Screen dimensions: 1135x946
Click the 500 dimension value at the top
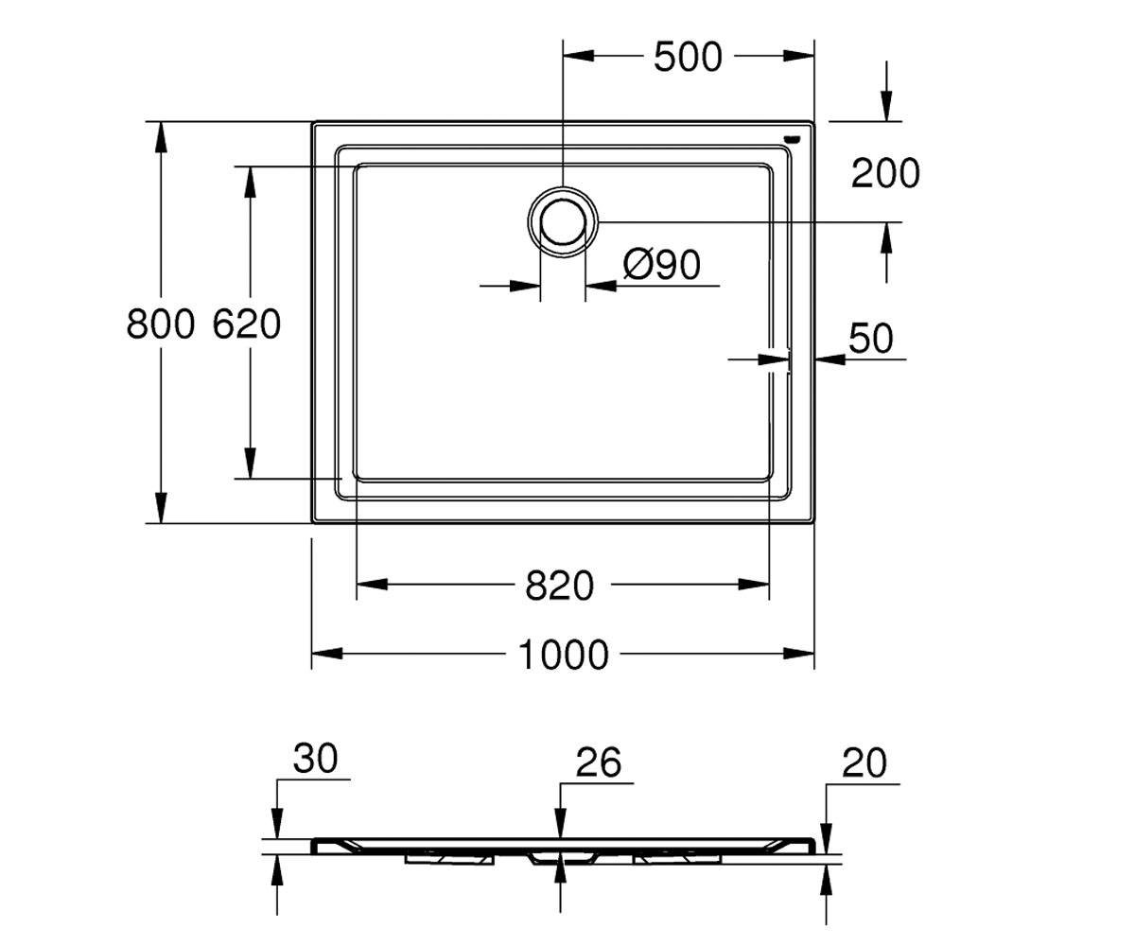(688, 57)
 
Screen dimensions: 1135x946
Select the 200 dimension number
(885, 173)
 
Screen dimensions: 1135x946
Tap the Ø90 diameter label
(661, 265)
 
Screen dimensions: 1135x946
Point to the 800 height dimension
(161, 324)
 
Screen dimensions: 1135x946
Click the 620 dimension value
(246, 324)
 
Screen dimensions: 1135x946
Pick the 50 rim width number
(871, 338)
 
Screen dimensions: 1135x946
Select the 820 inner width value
(559, 586)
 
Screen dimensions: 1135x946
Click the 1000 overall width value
(563, 655)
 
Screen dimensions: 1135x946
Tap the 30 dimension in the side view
(315, 759)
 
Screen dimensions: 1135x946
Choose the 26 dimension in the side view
(598, 762)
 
